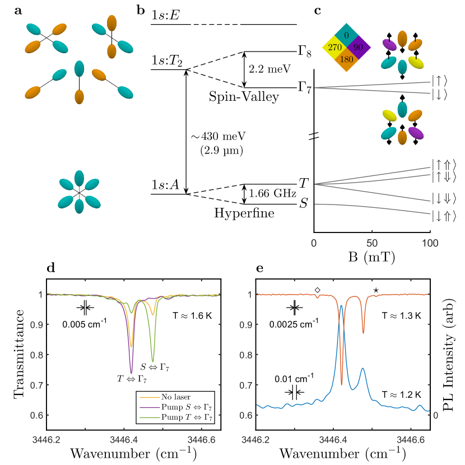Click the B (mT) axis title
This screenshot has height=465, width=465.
coord(371,259)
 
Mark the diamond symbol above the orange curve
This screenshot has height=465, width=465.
coord(318,290)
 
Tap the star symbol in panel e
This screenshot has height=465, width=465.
coord(375,290)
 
